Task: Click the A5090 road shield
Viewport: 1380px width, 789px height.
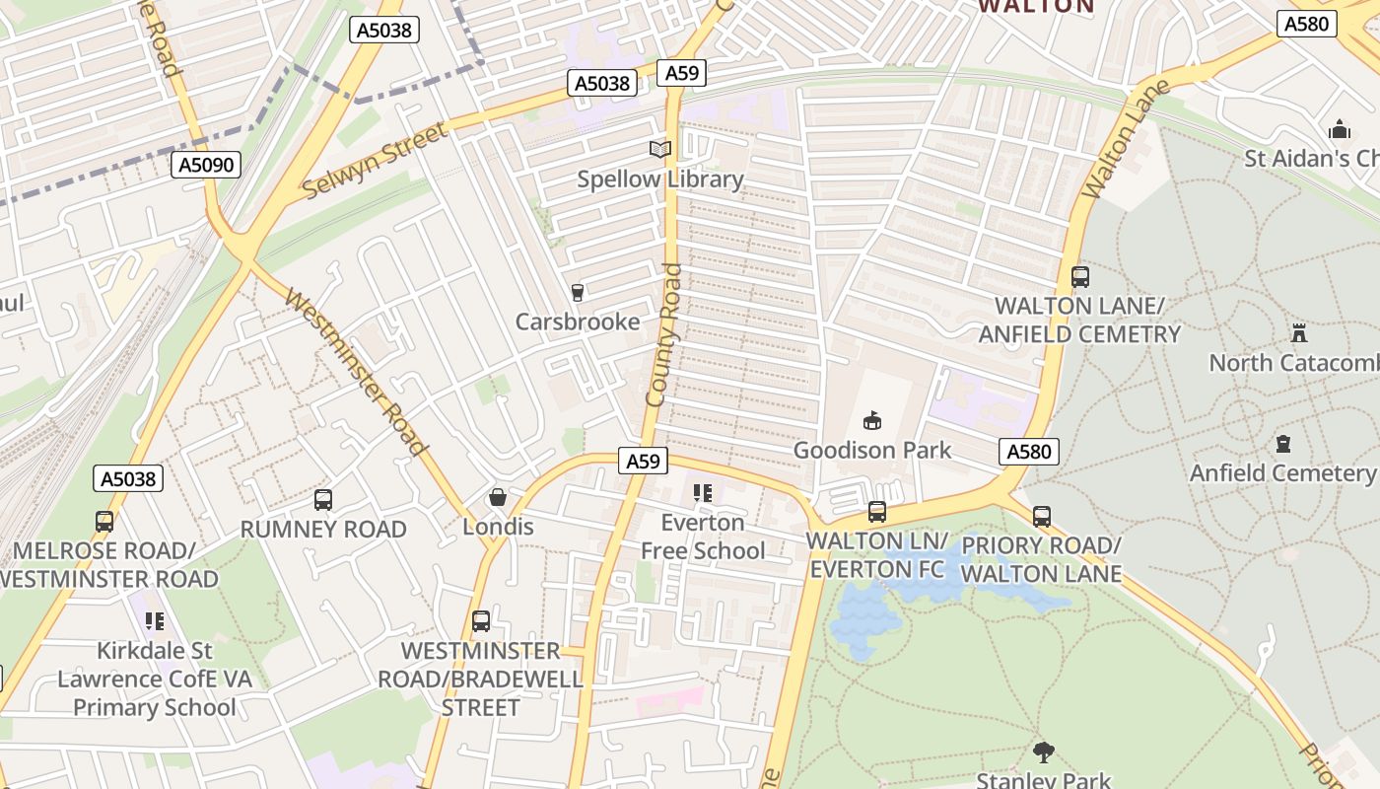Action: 207,165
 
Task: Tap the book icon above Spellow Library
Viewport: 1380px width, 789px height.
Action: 659,150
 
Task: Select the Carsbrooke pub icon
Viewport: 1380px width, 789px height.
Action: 578,293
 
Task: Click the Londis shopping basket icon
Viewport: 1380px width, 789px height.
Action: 498,498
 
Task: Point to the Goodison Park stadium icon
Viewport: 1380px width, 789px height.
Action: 872,421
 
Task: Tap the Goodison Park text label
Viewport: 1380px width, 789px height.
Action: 872,451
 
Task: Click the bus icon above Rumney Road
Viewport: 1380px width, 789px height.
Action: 323,500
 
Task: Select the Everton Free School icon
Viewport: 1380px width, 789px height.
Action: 703,493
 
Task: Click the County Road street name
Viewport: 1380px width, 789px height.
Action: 663,335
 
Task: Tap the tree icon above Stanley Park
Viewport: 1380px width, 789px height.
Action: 1043,753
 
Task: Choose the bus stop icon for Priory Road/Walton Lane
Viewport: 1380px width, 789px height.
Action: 1042,516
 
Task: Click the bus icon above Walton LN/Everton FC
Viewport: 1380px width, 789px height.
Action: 877,512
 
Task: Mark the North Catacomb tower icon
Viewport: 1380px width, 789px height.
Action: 1298,333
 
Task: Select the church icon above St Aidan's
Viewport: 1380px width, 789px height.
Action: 1339,130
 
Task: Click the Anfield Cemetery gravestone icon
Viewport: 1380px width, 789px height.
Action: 1282,444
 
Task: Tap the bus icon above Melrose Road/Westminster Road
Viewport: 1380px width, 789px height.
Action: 104,521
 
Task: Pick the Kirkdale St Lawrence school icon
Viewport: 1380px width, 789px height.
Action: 155,621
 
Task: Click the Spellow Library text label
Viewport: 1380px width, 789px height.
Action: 659,179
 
